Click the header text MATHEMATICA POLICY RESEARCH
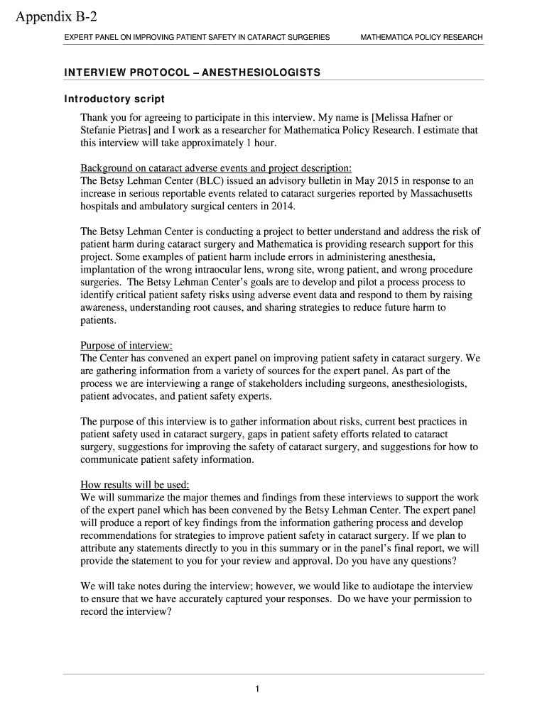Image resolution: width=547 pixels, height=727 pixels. [421, 37]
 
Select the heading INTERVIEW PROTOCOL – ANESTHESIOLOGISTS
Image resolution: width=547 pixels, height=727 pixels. [192, 72]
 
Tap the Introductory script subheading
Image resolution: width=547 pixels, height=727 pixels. [114, 99]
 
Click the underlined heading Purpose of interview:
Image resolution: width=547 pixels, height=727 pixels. [126, 346]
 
